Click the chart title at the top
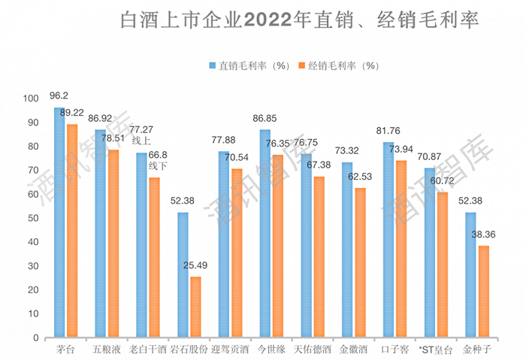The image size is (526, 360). point(300,19)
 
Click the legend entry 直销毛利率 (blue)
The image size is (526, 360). point(249,65)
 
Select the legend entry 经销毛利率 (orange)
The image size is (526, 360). point(337,65)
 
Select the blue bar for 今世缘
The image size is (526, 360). point(265,234)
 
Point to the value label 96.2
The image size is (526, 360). point(59,96)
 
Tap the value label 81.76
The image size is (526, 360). point(389,131)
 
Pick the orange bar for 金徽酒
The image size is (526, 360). point(360,262)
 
